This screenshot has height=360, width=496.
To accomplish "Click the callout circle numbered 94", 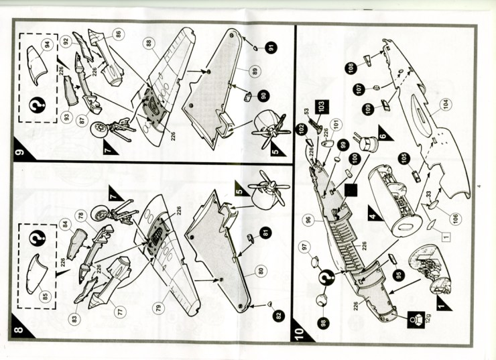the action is click(x=48, y=45).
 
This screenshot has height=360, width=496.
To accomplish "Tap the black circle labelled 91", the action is click(x=271, y=48).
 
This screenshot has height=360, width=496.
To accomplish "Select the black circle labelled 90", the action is click(x=263, y=96).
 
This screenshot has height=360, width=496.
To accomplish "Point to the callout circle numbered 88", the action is click(x=149, y=44).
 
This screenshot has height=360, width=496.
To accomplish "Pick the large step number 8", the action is click(x=19, y=330).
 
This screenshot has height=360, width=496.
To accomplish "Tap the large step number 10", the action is click(x=300, y=333).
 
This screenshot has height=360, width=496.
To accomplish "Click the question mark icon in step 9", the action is click(x=38, y=105).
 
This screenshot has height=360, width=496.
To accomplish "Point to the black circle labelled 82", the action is click(x=278, y=315).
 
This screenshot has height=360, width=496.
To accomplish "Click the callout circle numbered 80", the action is click(x=261, y=271).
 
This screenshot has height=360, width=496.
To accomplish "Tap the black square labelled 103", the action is click(x=321, y=106).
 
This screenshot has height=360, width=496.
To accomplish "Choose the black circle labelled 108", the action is click(x=351, y=68).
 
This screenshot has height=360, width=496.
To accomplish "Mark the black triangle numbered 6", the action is click(x=385, y=133).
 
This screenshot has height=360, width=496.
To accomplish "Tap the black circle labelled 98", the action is click(x=322, y=323).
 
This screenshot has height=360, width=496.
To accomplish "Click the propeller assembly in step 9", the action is click(x=270, y=129).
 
